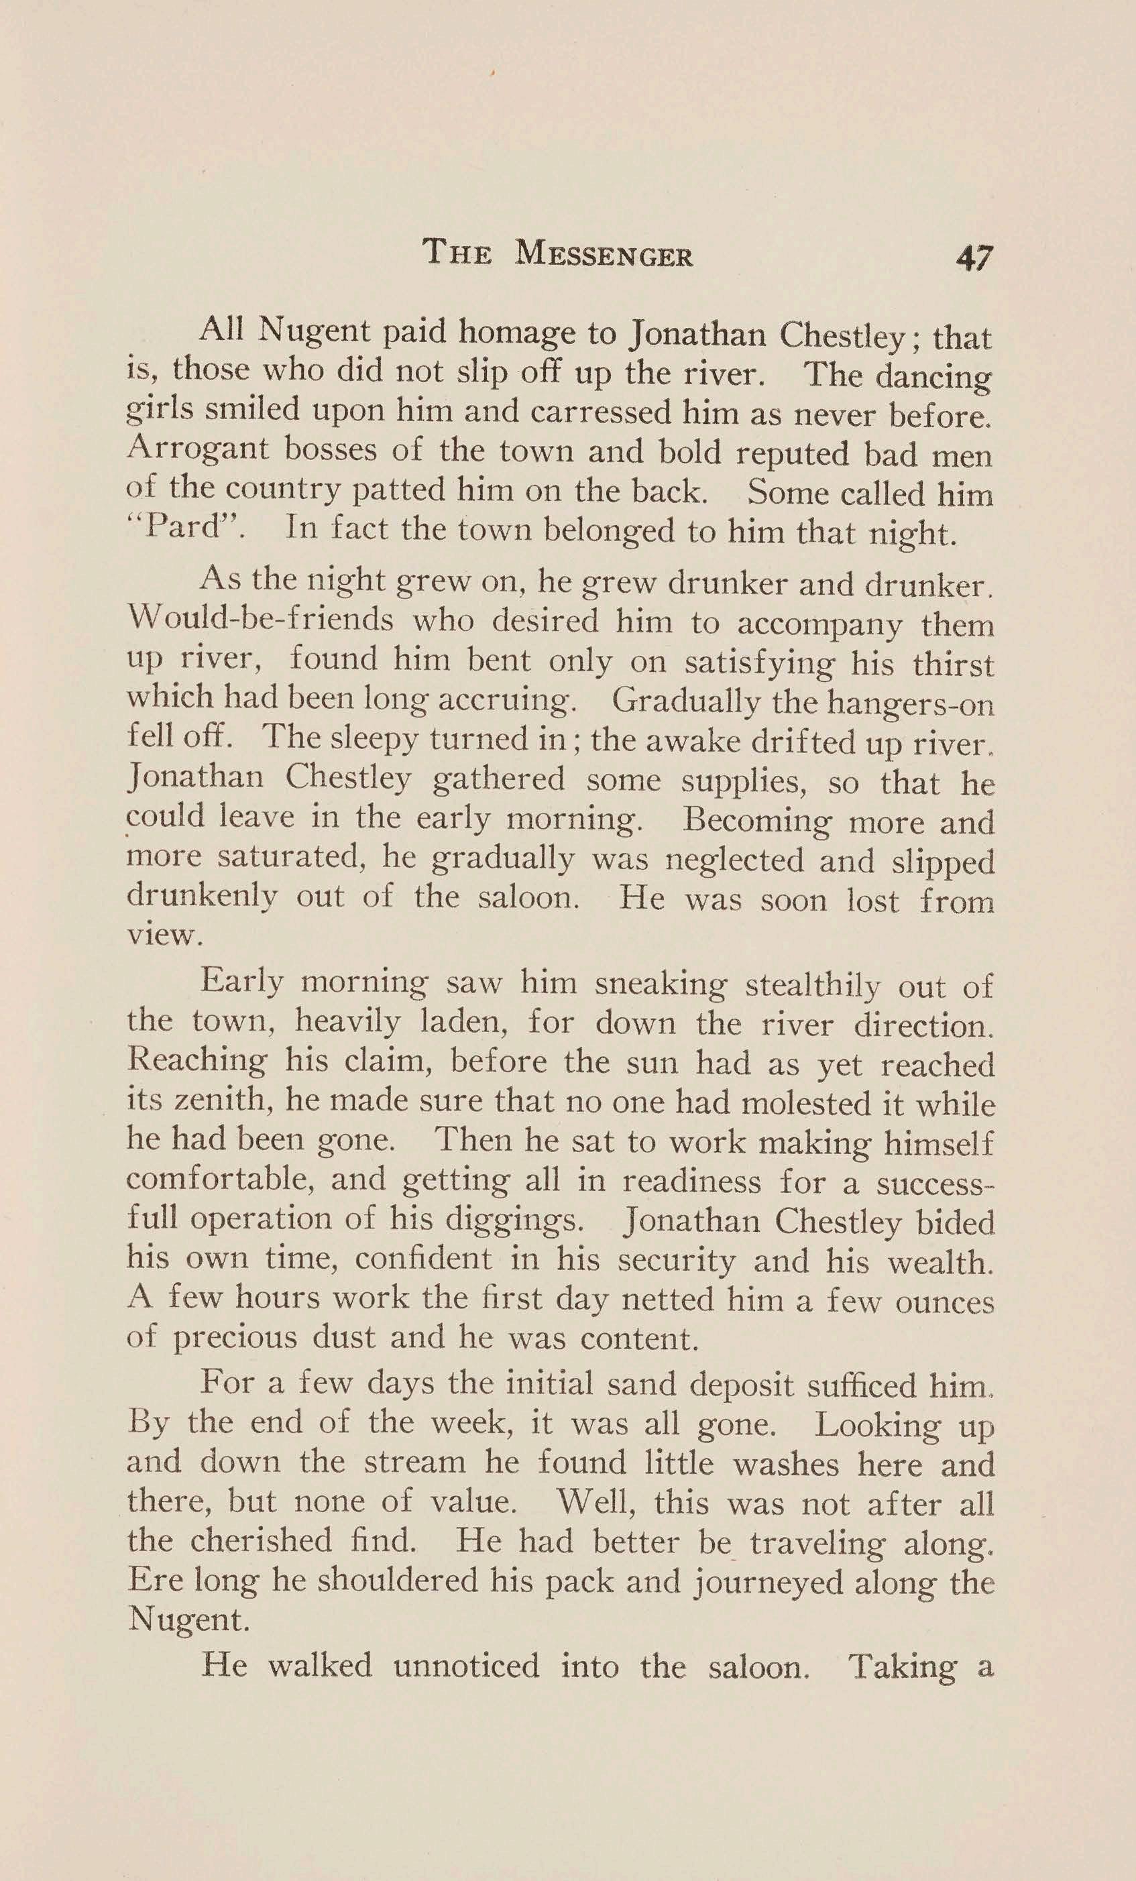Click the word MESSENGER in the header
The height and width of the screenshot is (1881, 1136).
604,254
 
